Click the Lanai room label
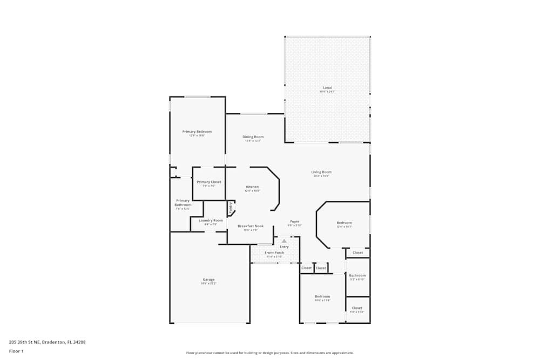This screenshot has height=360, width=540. tap(327, 87)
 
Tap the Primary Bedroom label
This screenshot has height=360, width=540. tap(197, 132)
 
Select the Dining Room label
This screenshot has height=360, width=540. tap(253, 137)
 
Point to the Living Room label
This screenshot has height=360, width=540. tap(321, 172)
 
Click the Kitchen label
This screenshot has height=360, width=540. tap(252, 187)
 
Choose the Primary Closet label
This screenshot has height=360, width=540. tap(208, 182)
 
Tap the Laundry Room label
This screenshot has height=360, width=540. tap(211, 220)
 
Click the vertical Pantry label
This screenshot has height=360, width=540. tap(231, 207)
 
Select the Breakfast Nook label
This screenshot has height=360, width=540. tap(250, 226)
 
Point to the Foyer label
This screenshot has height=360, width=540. tap(294, 221)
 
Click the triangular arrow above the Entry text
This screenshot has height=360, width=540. tap(284, 241)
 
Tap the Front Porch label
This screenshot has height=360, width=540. tap(274, 253)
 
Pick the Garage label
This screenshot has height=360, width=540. tap(208, 280)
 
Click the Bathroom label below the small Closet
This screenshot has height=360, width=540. tap(357, 275)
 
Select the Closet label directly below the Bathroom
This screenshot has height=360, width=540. tap(357, 308)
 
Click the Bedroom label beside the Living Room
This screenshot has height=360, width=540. tap(344, 223)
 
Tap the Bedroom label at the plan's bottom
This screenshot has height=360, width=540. tap(322, 296)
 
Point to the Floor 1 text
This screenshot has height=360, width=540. tap(16, 351)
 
